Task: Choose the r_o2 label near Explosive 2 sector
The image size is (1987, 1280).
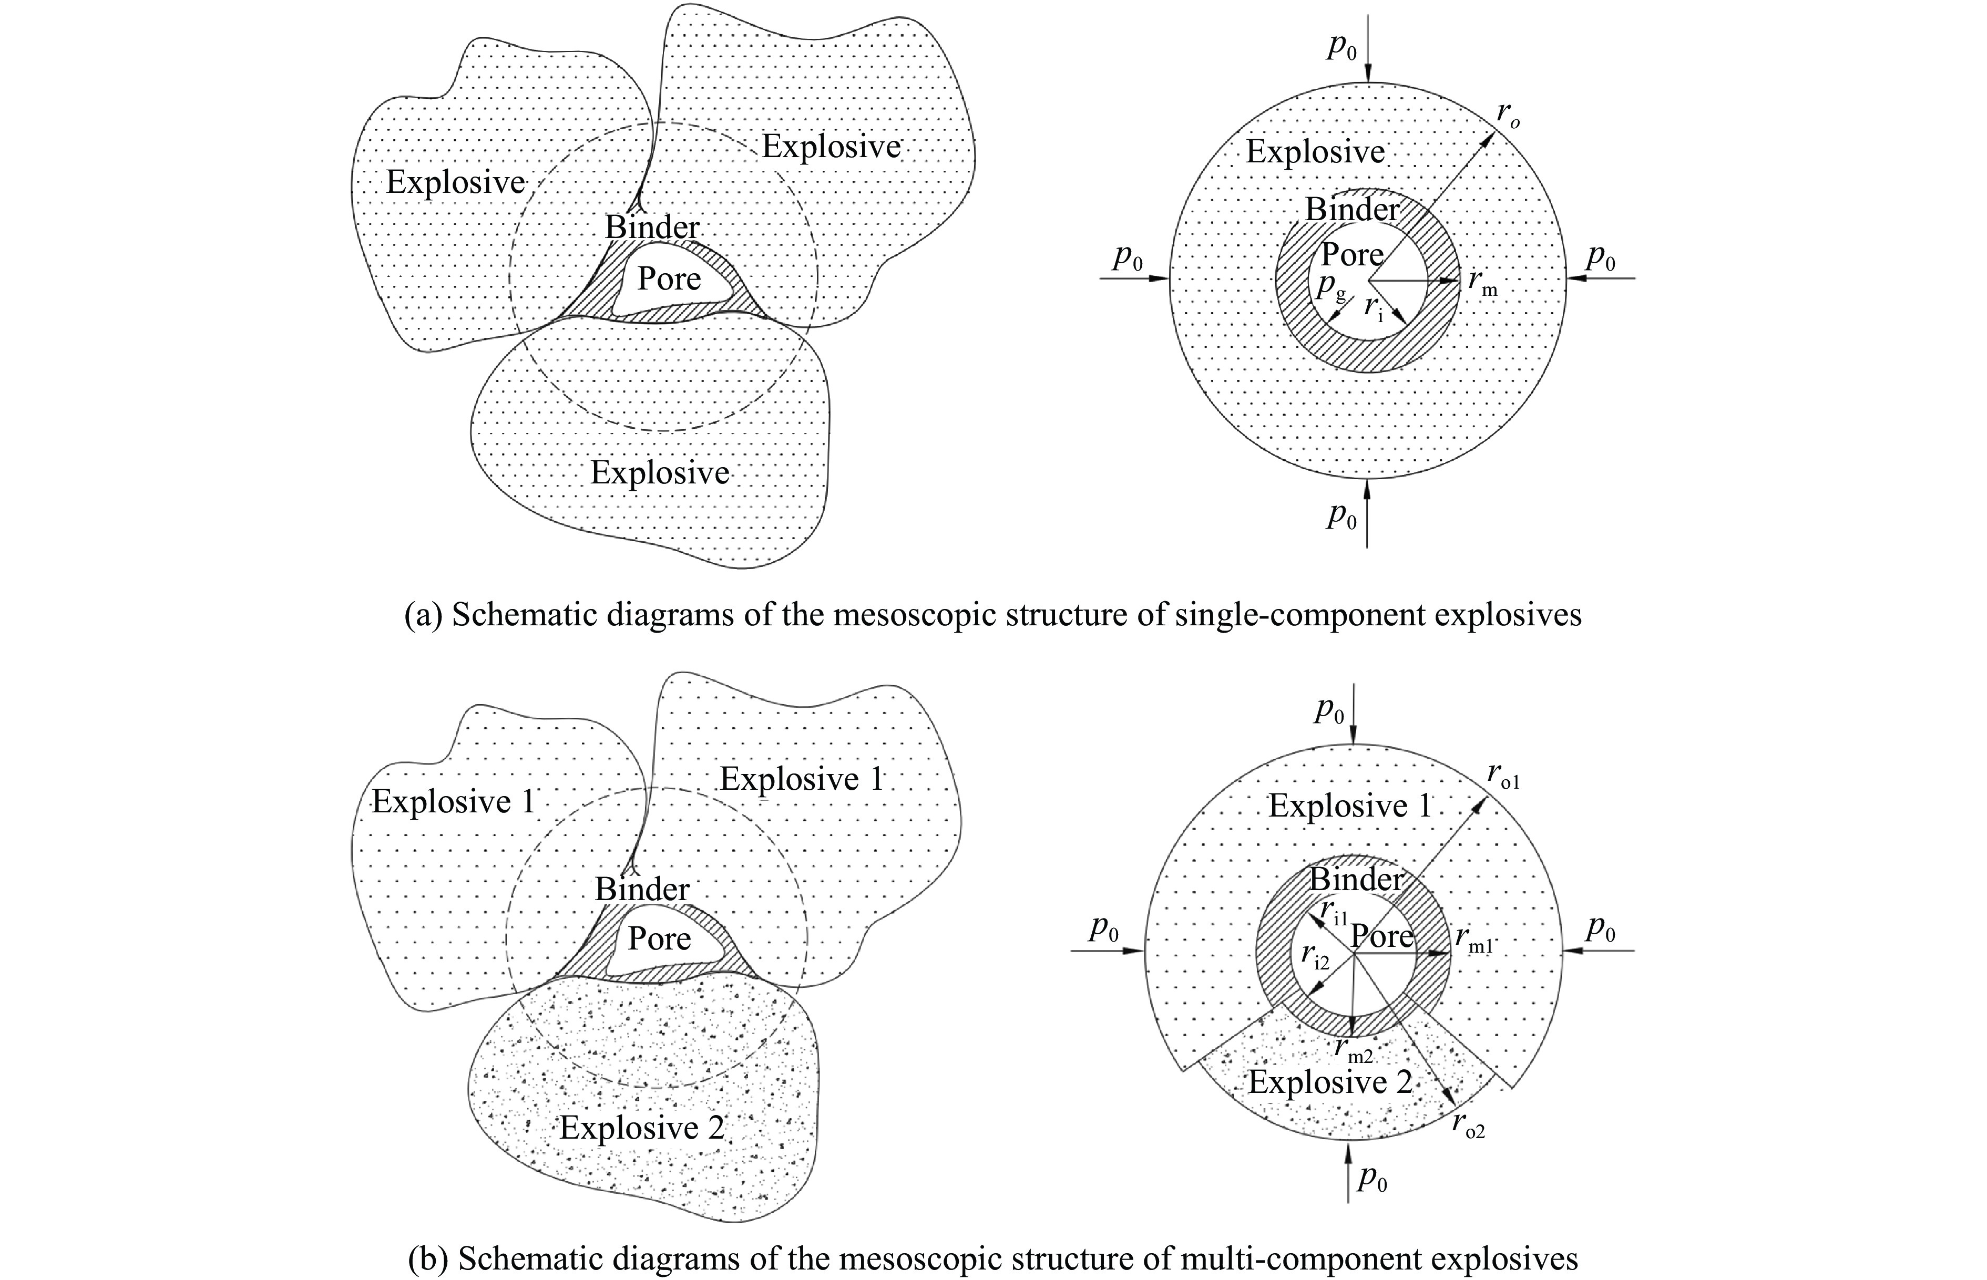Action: (x=1468, y=1124)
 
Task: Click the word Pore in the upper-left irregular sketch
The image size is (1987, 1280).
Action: (x=669, y=279)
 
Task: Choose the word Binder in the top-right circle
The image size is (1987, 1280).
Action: (x=1352, y=209)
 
